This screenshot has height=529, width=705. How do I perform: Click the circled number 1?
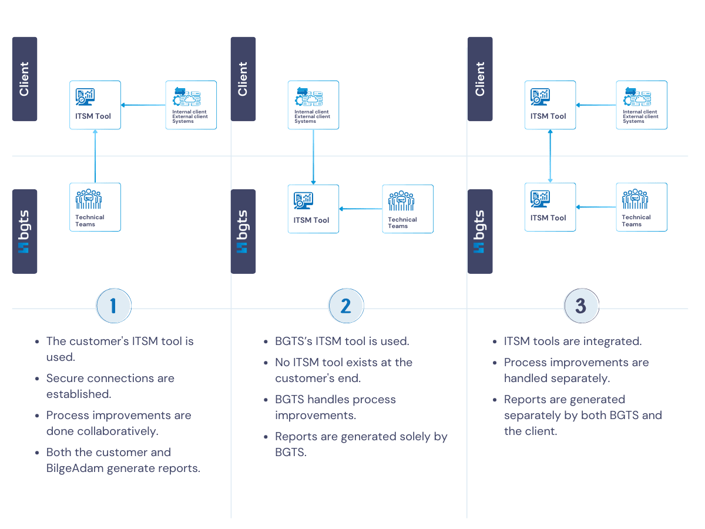pyautogui.click(x=113, y=306)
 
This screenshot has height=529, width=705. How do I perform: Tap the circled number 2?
pyautogui.click(x=345, y=306)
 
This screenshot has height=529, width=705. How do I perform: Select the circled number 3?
pyautogui.click(x=580, y=306)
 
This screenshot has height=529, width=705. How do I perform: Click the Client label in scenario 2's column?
pyautogui.click(x=243, y=79)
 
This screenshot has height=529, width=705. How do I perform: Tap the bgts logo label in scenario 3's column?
pyautogui.click(x=480, y=231)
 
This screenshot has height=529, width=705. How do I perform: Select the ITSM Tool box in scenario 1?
pyautogui.click(x=95, y=105)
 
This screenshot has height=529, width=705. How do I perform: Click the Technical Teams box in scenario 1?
pyautogui.click(x=95, y=207)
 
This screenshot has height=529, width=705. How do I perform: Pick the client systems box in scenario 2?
pyautogui.click(x=313, y=105)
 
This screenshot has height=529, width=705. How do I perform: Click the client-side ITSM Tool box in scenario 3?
pyautogui.click(x=550, y=105)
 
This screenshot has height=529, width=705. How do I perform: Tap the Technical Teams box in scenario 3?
pyautogui.click(x=642, y=207)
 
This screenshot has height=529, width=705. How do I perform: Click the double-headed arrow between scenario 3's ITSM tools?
pyautogui.click(x=550, y=156)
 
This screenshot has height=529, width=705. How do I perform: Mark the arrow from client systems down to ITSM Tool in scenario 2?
pyautogui.click(x=313, y=157)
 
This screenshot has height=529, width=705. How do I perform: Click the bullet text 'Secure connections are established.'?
pyautogui.click(x=110, y=386)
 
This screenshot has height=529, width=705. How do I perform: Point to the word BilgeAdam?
pyautogui.click(x=75, y=468)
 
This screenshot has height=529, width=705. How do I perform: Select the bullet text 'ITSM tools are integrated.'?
pyautogui.click(x=573, y=341)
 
